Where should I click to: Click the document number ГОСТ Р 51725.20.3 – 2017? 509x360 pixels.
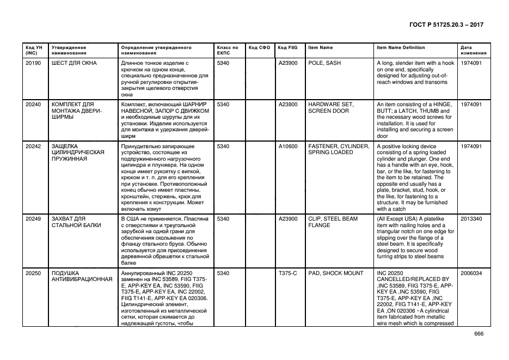click(446, 25)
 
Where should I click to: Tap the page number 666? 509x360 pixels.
click(479, 334)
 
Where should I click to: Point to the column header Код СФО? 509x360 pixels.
click(259, 47)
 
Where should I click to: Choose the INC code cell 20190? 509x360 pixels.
click(33, 63)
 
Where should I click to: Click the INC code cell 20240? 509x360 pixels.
click(33, 104)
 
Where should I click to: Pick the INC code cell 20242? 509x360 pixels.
click(33, 147)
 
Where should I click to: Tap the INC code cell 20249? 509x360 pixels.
click(33, 218)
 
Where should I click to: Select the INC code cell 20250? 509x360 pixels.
click(33, 273)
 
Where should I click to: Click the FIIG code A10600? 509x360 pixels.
click(288, 147)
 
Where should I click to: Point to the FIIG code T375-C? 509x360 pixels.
click(288, 273)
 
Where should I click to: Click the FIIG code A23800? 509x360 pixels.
click(288, 104)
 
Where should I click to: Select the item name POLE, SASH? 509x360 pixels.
click(324, 63)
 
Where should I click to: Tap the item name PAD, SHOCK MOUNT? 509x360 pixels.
click(335, 273)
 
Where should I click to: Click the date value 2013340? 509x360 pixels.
click(471, 218)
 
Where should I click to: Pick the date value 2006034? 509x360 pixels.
click(471, 273)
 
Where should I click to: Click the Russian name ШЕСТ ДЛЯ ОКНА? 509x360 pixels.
click(74, 63)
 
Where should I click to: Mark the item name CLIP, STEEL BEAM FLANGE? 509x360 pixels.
click(333, 222)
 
